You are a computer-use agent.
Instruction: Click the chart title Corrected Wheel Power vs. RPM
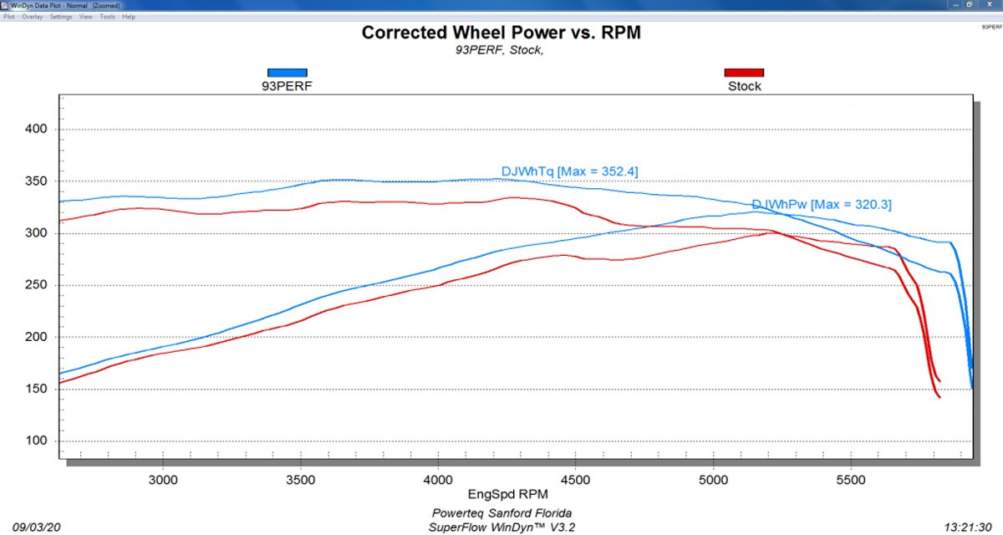(x=501, y=33)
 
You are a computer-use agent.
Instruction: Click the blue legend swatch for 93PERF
(x=287, y=73)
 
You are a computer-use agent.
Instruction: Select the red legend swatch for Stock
(x=744, y=73)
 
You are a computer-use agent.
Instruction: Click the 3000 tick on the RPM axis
(x=163, y=481)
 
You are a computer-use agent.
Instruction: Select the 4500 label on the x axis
(x=576, y=481)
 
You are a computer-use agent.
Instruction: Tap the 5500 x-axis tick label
(x=851, y=481)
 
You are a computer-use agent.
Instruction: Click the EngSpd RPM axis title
(x=501, y=495)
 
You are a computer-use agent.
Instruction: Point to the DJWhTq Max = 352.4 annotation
(x=569, y=171)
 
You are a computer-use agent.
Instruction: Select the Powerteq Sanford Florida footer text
(x=501, y=512)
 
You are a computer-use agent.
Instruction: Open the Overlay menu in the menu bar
(x=33, y=17)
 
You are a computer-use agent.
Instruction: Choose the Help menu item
(x=129, y=17)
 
